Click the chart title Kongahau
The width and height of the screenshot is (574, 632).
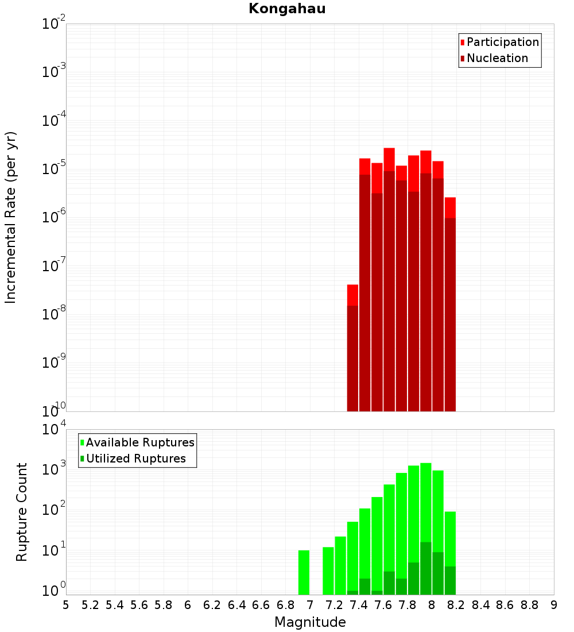tap(287, 9)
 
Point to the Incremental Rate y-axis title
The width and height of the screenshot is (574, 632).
tap(11, 217)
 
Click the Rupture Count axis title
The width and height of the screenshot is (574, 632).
tap(22, 512)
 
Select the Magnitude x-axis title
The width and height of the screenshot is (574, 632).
tap(310, 622)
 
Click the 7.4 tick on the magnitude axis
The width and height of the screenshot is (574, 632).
tap(359, 605)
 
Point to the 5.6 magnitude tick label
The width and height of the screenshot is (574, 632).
tap(139, 605)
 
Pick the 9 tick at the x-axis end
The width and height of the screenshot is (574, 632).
tap(553, 605)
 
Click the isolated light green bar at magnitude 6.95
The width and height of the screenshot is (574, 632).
tap(304, 572)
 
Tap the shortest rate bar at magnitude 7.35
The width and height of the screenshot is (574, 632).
tap(352, 356)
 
